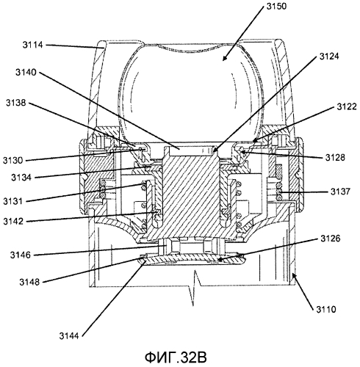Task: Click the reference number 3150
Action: click(276, 6)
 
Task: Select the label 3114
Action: click(33, 45)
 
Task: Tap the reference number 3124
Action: click(329, 57)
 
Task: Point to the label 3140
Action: click(26, 73)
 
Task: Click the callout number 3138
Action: click(16, 103)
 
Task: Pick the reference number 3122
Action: click(347, 106)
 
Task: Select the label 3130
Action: click(12, 161)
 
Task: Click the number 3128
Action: click(335, 157)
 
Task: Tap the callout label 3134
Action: click(21, 178)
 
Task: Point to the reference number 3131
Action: click(12, 201)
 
